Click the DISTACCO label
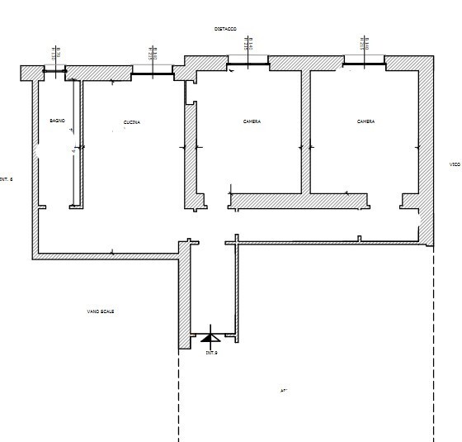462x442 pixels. tap(225, 29)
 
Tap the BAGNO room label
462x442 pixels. tap(57, 121)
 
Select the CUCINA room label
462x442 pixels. tap(132, 122)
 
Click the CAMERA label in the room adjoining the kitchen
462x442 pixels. tap(252, 121)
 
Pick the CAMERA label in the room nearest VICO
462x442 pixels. tap(365, 121)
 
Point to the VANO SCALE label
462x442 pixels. tap(101, 311)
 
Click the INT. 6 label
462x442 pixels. tap(7, 179)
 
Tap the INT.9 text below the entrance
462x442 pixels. tap(211, 353)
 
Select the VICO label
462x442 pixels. tap(455, 164)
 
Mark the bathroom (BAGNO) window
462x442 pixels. tap(54, 72)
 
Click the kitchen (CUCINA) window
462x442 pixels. tap(152, 73)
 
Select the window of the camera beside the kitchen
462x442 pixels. tap(247, 63)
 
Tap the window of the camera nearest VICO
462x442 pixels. tap(364, 63)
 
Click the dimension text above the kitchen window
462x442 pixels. tap(152, 54)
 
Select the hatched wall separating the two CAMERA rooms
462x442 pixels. tap(305, 132)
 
